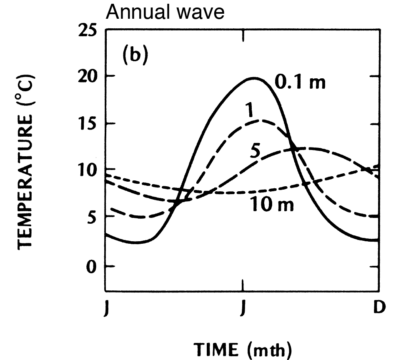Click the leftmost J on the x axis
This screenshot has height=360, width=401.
[106, 310]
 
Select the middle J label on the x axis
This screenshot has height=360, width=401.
[243, 310]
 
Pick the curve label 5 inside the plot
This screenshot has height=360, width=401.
[255, 151]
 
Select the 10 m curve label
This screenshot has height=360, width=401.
[272, 204]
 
